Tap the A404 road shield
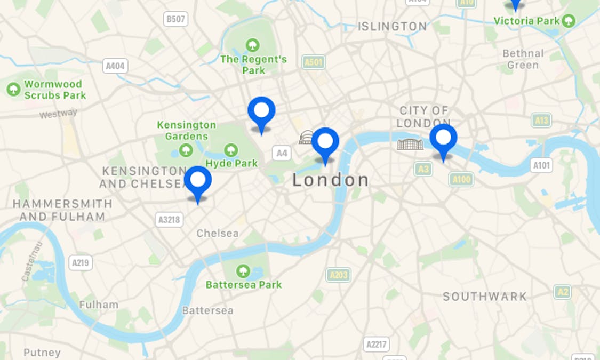115,66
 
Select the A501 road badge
313,62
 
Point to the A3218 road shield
170,219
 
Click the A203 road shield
339,275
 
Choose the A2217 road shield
376,344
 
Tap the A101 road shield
541,165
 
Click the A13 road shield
541,120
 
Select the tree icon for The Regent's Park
252,45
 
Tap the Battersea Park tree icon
243,271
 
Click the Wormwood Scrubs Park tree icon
13,90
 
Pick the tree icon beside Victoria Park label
569,21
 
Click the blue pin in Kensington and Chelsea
198,180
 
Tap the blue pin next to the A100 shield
443,138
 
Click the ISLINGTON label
392,26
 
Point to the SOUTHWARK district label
484,297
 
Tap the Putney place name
42,353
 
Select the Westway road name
58,114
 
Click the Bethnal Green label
523,59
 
